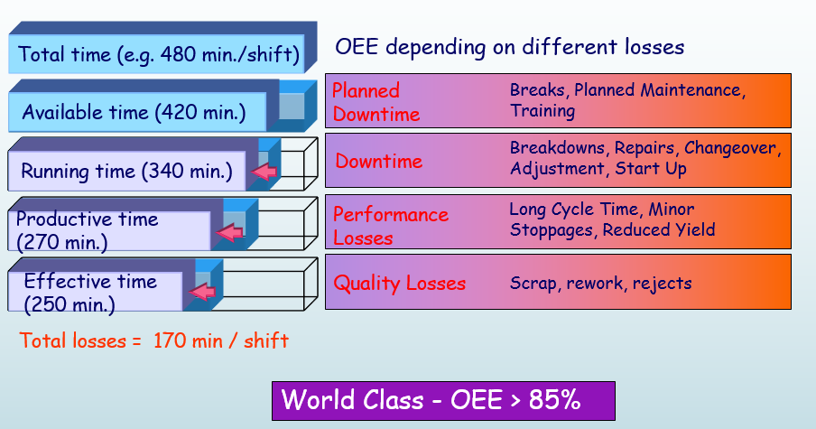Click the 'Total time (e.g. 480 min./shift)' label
(159, 53)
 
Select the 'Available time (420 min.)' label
(134, 113)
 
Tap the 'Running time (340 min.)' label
(126, 171)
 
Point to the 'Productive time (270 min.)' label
(87, 230)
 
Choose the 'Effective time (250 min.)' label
(90, 292)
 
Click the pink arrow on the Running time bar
(265, 172)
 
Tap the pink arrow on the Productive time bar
(232, 234)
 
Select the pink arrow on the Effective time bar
(205, 293)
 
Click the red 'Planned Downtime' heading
(376, 102)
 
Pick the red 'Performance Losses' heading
(390, 226)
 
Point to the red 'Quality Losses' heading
(400, 284)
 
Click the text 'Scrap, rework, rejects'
(600, 284)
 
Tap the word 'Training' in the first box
(542, 111)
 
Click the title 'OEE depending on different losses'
(510, 46)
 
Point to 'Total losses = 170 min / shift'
(154, 340)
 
